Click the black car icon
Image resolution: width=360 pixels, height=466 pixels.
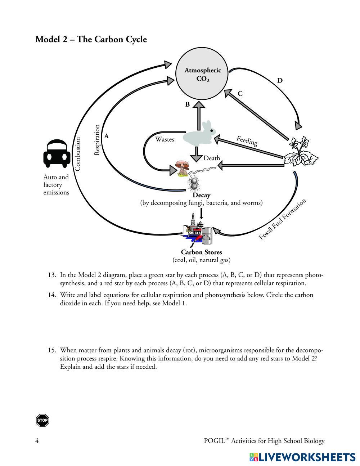57,154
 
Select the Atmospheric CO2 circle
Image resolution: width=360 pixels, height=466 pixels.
203,75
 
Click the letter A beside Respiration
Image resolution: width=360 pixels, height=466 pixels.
107,136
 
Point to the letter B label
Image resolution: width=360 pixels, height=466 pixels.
187,104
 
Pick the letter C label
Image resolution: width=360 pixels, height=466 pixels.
240,94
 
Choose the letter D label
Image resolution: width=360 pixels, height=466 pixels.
280,81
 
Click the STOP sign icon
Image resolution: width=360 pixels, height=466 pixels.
42,420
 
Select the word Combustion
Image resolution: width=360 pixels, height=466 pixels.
77,154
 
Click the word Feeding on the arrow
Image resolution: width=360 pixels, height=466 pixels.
247,140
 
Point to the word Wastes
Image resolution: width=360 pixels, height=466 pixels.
165,139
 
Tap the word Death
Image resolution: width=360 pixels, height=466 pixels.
212,158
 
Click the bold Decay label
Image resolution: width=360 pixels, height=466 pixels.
201,195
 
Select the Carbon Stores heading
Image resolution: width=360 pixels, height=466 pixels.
201,252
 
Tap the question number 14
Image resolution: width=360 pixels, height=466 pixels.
52,295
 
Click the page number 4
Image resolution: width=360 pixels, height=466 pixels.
37,441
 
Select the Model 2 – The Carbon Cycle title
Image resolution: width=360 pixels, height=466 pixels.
91,39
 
